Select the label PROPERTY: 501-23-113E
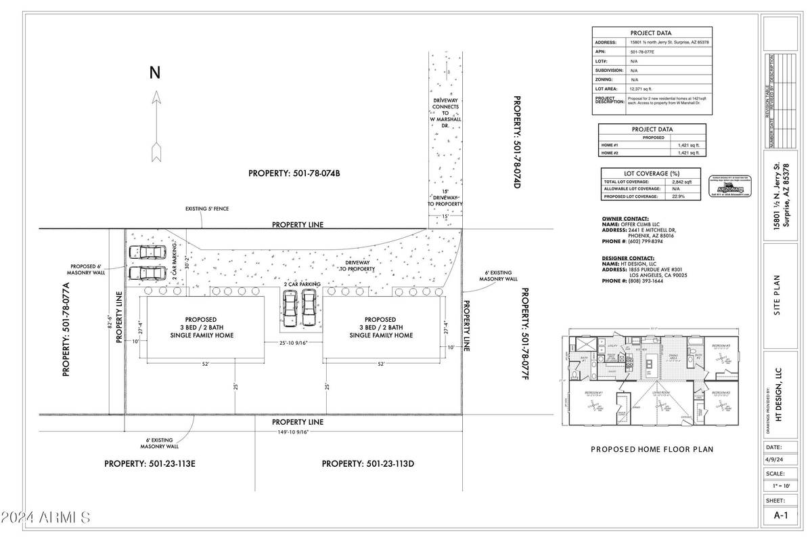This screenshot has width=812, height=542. click(150, 464)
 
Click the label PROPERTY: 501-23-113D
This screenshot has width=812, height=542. click(367, 464)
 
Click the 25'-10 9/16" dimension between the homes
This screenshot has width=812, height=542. click(294, 343)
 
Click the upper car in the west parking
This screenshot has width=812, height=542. click(146, 253)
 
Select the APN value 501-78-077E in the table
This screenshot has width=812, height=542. click(641, 51)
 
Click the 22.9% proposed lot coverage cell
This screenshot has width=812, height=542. click(677, 196)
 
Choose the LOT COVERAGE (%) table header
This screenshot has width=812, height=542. click(652, 173)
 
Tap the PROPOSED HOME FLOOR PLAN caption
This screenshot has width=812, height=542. click(652, 449)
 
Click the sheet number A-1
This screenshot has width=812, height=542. click(781, 516)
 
